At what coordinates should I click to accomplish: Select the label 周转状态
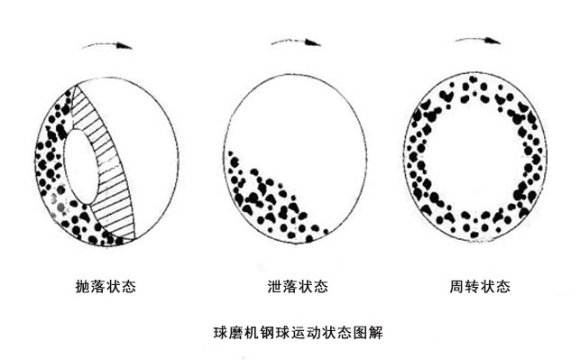pyautogui.click(x=481, y=287)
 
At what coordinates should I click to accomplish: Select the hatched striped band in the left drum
pyautogui.click(x=110, y=162)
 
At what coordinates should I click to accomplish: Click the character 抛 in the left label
pyautogui.click(x=83, y=287)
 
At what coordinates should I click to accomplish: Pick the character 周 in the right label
pyautogui.click(x=457, y=287)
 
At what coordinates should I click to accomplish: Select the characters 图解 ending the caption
pyautogui.click(x=370, y=330)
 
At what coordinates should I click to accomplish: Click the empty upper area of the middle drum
pyautogui.click(x=298, y=117)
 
